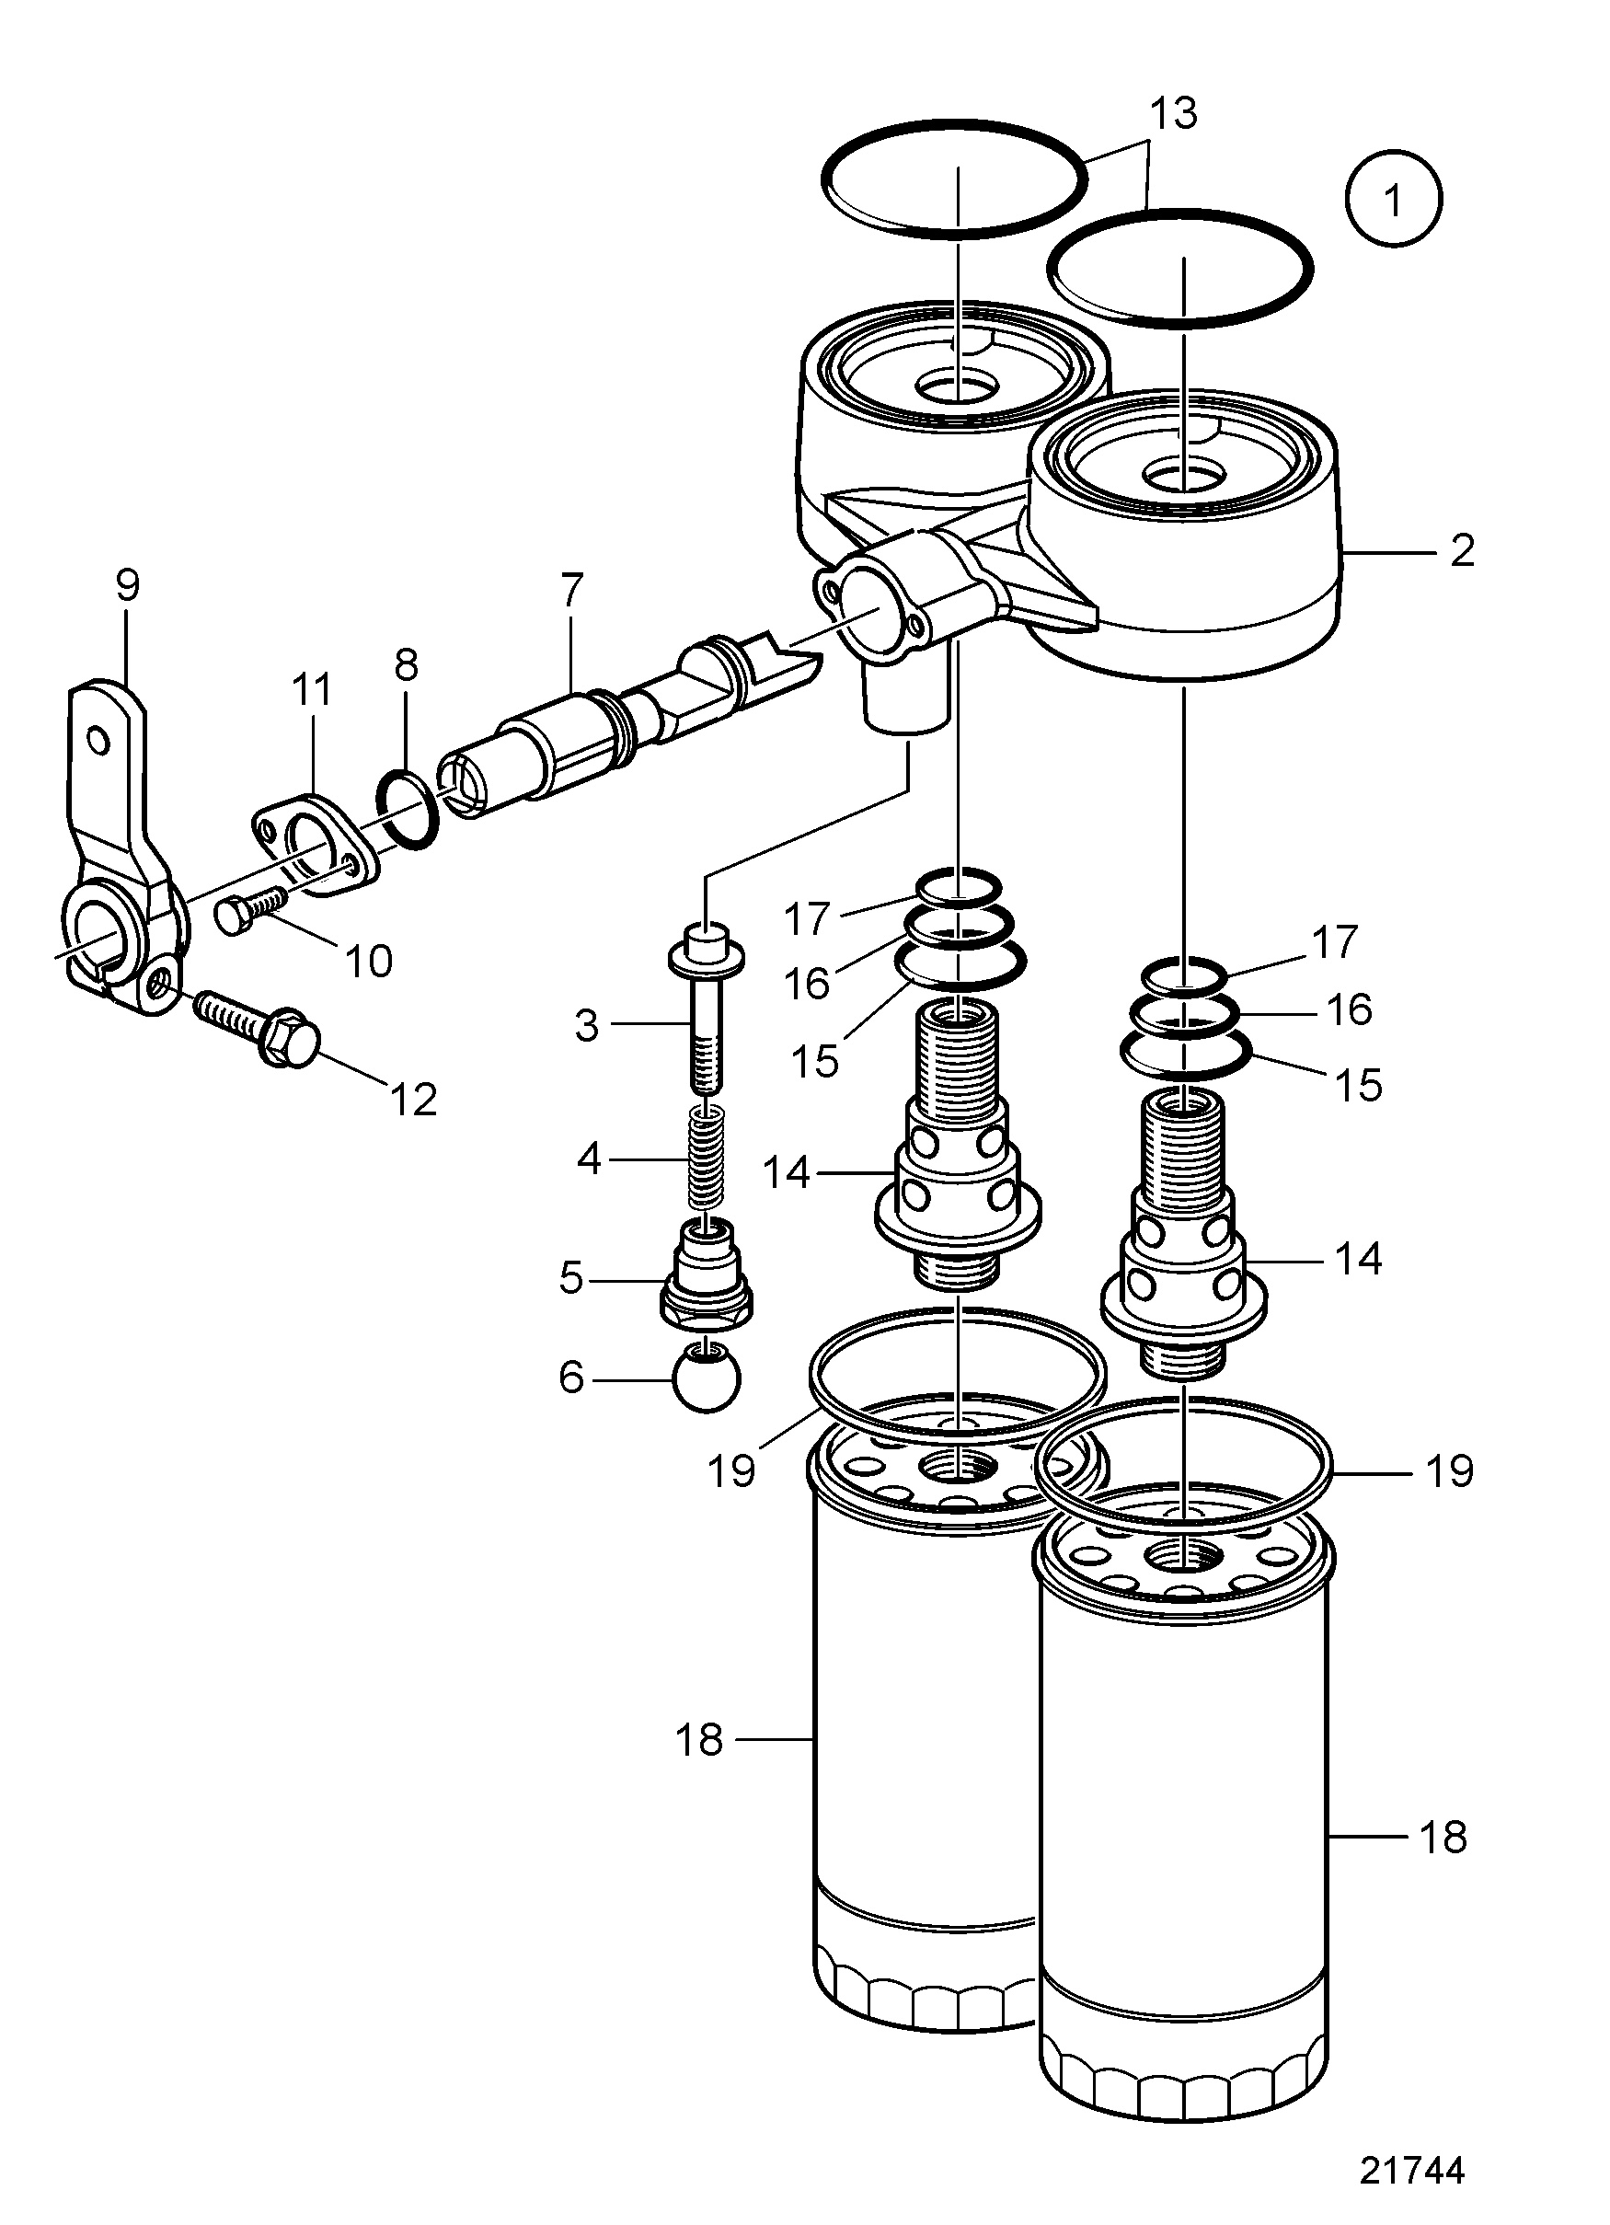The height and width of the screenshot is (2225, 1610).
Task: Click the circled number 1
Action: tap(1392, 197)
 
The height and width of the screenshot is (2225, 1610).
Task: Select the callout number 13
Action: tap(1173, 113)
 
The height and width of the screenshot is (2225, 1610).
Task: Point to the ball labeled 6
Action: tap(707, 1377)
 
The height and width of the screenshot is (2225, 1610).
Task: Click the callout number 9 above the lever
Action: tap(128, 584)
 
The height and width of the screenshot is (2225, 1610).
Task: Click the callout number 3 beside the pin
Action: tap(586, 1025)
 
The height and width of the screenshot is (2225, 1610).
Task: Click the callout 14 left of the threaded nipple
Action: tap(786, 1171)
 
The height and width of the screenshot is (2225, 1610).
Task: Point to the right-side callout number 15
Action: tap(1359, 1085)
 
